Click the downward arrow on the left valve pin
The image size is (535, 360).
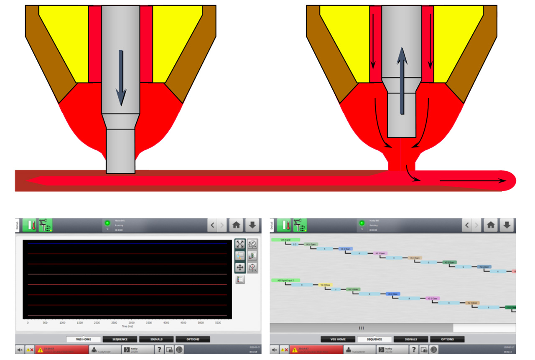click(x=121, y=78)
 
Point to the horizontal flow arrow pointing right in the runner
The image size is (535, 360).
click(x=472, y=181)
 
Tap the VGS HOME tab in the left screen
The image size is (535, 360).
click(x=83, y=339)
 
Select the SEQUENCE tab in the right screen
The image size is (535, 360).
click(x=374, y=339)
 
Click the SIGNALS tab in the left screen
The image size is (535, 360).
click(x=156, y=339)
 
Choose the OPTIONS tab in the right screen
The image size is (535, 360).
click(x=447, y=339)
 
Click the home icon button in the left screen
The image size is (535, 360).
click(x=236, y=225)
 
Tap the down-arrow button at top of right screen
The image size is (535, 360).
click(x=507, y=225)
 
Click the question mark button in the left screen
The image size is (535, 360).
click(x=159, y=350)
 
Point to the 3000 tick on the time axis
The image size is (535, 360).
click(x=132, y=323)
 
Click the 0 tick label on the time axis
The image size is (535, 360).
click(x=28, y=323)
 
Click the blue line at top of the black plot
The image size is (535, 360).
click(x=125, y=243)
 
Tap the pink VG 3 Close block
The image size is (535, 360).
click(x=432, y=299)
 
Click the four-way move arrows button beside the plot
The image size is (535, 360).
click(x=240, y=267)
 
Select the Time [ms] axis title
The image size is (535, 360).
click(x=127, y=326)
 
